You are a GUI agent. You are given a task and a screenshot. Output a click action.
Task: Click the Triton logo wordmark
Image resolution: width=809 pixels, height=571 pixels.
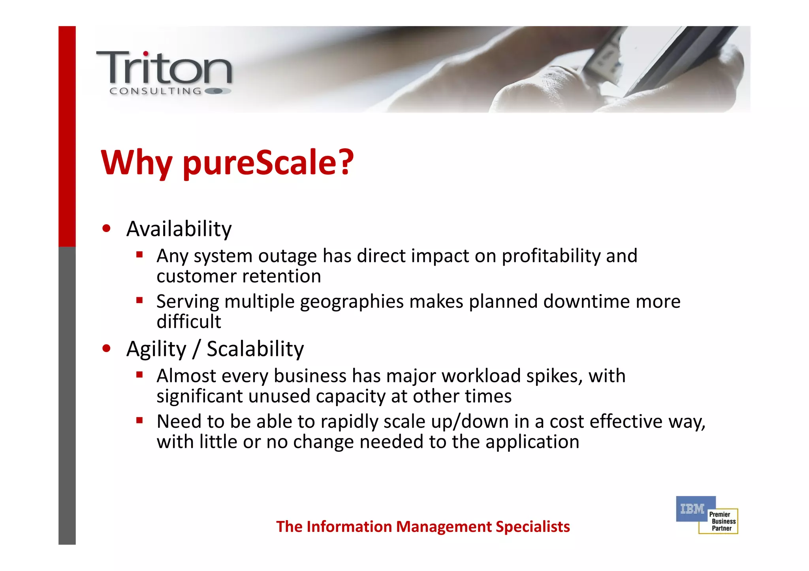coord(164,68)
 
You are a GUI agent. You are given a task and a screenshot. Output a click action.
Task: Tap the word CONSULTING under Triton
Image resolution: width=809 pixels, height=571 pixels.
coord(155,91)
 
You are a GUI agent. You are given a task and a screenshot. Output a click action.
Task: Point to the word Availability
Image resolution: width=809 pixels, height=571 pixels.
coord(179,229)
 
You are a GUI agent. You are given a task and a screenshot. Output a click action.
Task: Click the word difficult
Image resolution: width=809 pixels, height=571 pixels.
coord(189,322)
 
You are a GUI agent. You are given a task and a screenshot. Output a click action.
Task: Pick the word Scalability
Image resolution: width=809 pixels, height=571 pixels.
coord(255,349)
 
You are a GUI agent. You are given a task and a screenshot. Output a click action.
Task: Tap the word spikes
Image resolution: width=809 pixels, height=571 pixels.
coord(554,376)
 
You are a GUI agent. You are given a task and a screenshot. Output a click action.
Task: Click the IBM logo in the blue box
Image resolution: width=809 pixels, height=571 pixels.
coord(692,509)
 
